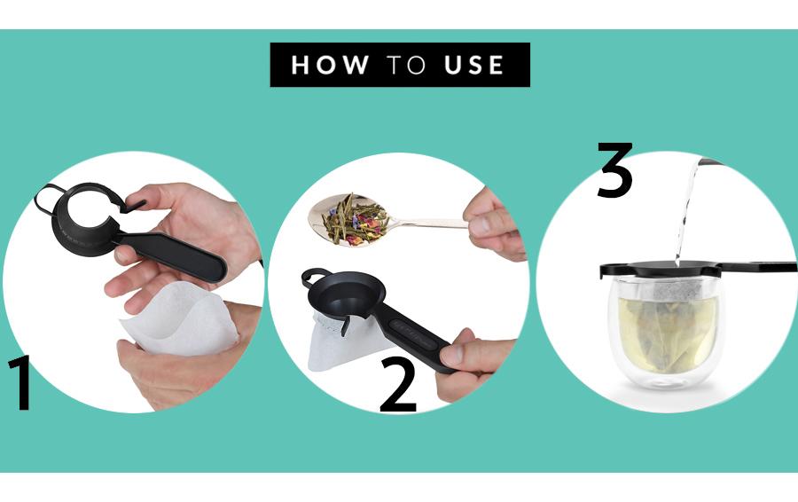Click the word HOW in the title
329,65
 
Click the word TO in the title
405,65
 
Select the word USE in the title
473,65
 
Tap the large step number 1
20,383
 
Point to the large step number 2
398,385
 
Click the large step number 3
614,170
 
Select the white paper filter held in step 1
179,319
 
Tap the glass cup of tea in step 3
666,332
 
